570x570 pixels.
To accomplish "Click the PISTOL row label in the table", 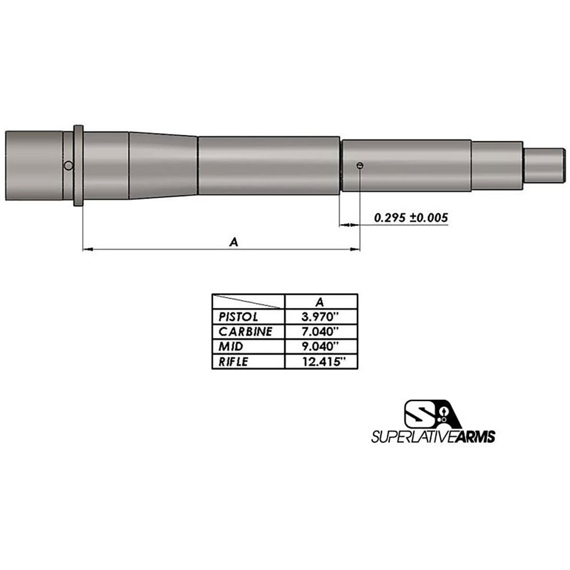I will (x=238, y=317).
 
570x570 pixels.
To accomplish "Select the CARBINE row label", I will (x=245, y=332).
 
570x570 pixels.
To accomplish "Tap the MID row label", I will (x=231, y=346).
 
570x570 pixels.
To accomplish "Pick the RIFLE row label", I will (x=233, y=361).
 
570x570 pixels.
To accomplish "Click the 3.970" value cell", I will (x=321, y=317).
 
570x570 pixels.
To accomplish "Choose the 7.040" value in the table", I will (x=321, y=332).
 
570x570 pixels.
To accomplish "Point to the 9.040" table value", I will (x=321, y=346).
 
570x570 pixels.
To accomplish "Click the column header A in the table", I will (x=320, y=301).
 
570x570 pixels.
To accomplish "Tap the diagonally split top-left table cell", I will (x=247, y=301).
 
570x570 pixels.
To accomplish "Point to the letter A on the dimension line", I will (x=233, y=242).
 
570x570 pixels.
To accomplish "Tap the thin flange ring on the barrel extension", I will (x=78, y=165).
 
